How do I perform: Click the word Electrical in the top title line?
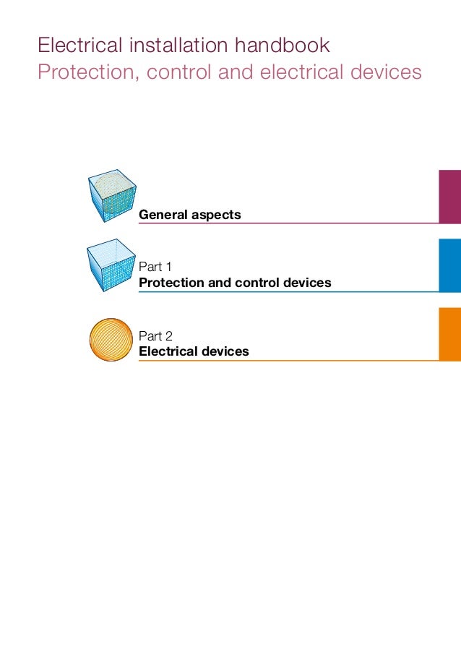74,46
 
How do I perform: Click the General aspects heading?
189,215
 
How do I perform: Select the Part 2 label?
155,335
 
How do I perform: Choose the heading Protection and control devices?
235,282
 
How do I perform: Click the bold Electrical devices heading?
194,351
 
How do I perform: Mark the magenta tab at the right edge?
449,196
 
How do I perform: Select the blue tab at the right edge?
449,265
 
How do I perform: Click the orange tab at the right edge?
449,334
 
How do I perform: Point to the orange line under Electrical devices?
289,361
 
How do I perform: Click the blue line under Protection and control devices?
289,291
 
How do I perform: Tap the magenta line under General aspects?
289,223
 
